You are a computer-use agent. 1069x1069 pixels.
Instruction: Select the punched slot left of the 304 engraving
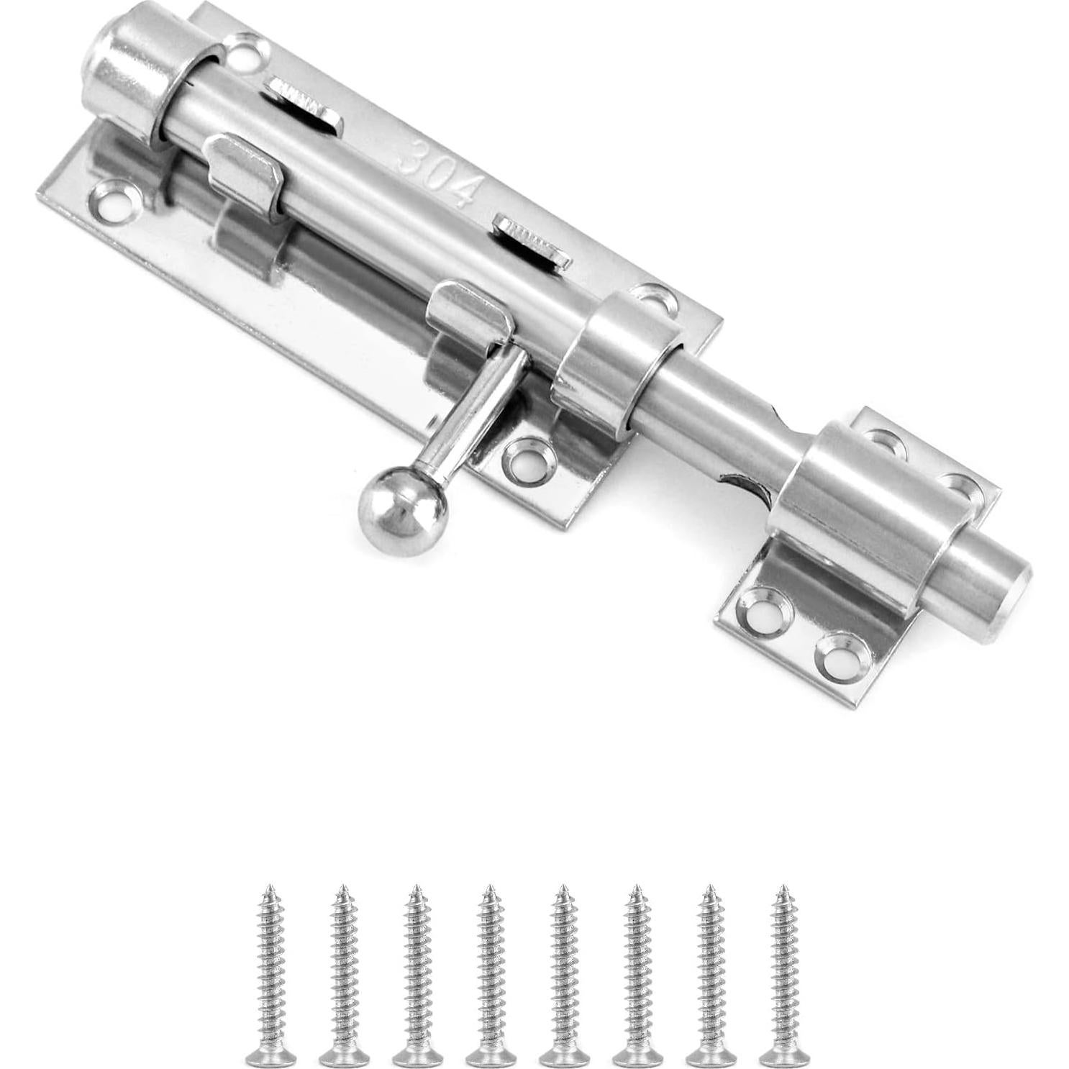point(301,104)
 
